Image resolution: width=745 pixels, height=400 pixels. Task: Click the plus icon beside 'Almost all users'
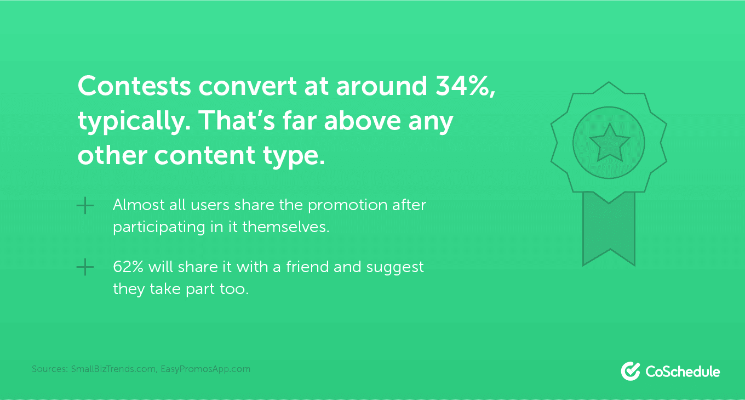85,206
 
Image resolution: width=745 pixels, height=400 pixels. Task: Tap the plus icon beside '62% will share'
85,268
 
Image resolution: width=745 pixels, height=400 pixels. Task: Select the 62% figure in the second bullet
128,267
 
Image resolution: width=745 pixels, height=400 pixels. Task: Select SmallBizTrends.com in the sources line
113,369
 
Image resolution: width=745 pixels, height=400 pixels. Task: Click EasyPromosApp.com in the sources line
205,369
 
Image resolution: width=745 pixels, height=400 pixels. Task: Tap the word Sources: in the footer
50,369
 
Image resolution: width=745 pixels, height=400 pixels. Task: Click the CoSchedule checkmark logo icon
631,371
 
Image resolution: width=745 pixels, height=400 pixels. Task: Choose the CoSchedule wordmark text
683,371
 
